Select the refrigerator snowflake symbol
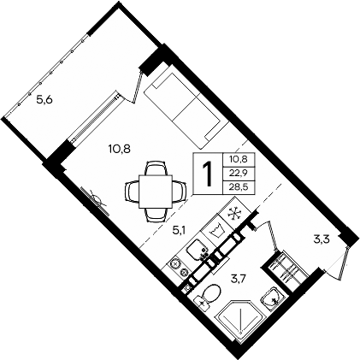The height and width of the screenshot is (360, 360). click(x=232, y=215)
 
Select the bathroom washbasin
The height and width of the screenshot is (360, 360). click(x=270, y=298)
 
